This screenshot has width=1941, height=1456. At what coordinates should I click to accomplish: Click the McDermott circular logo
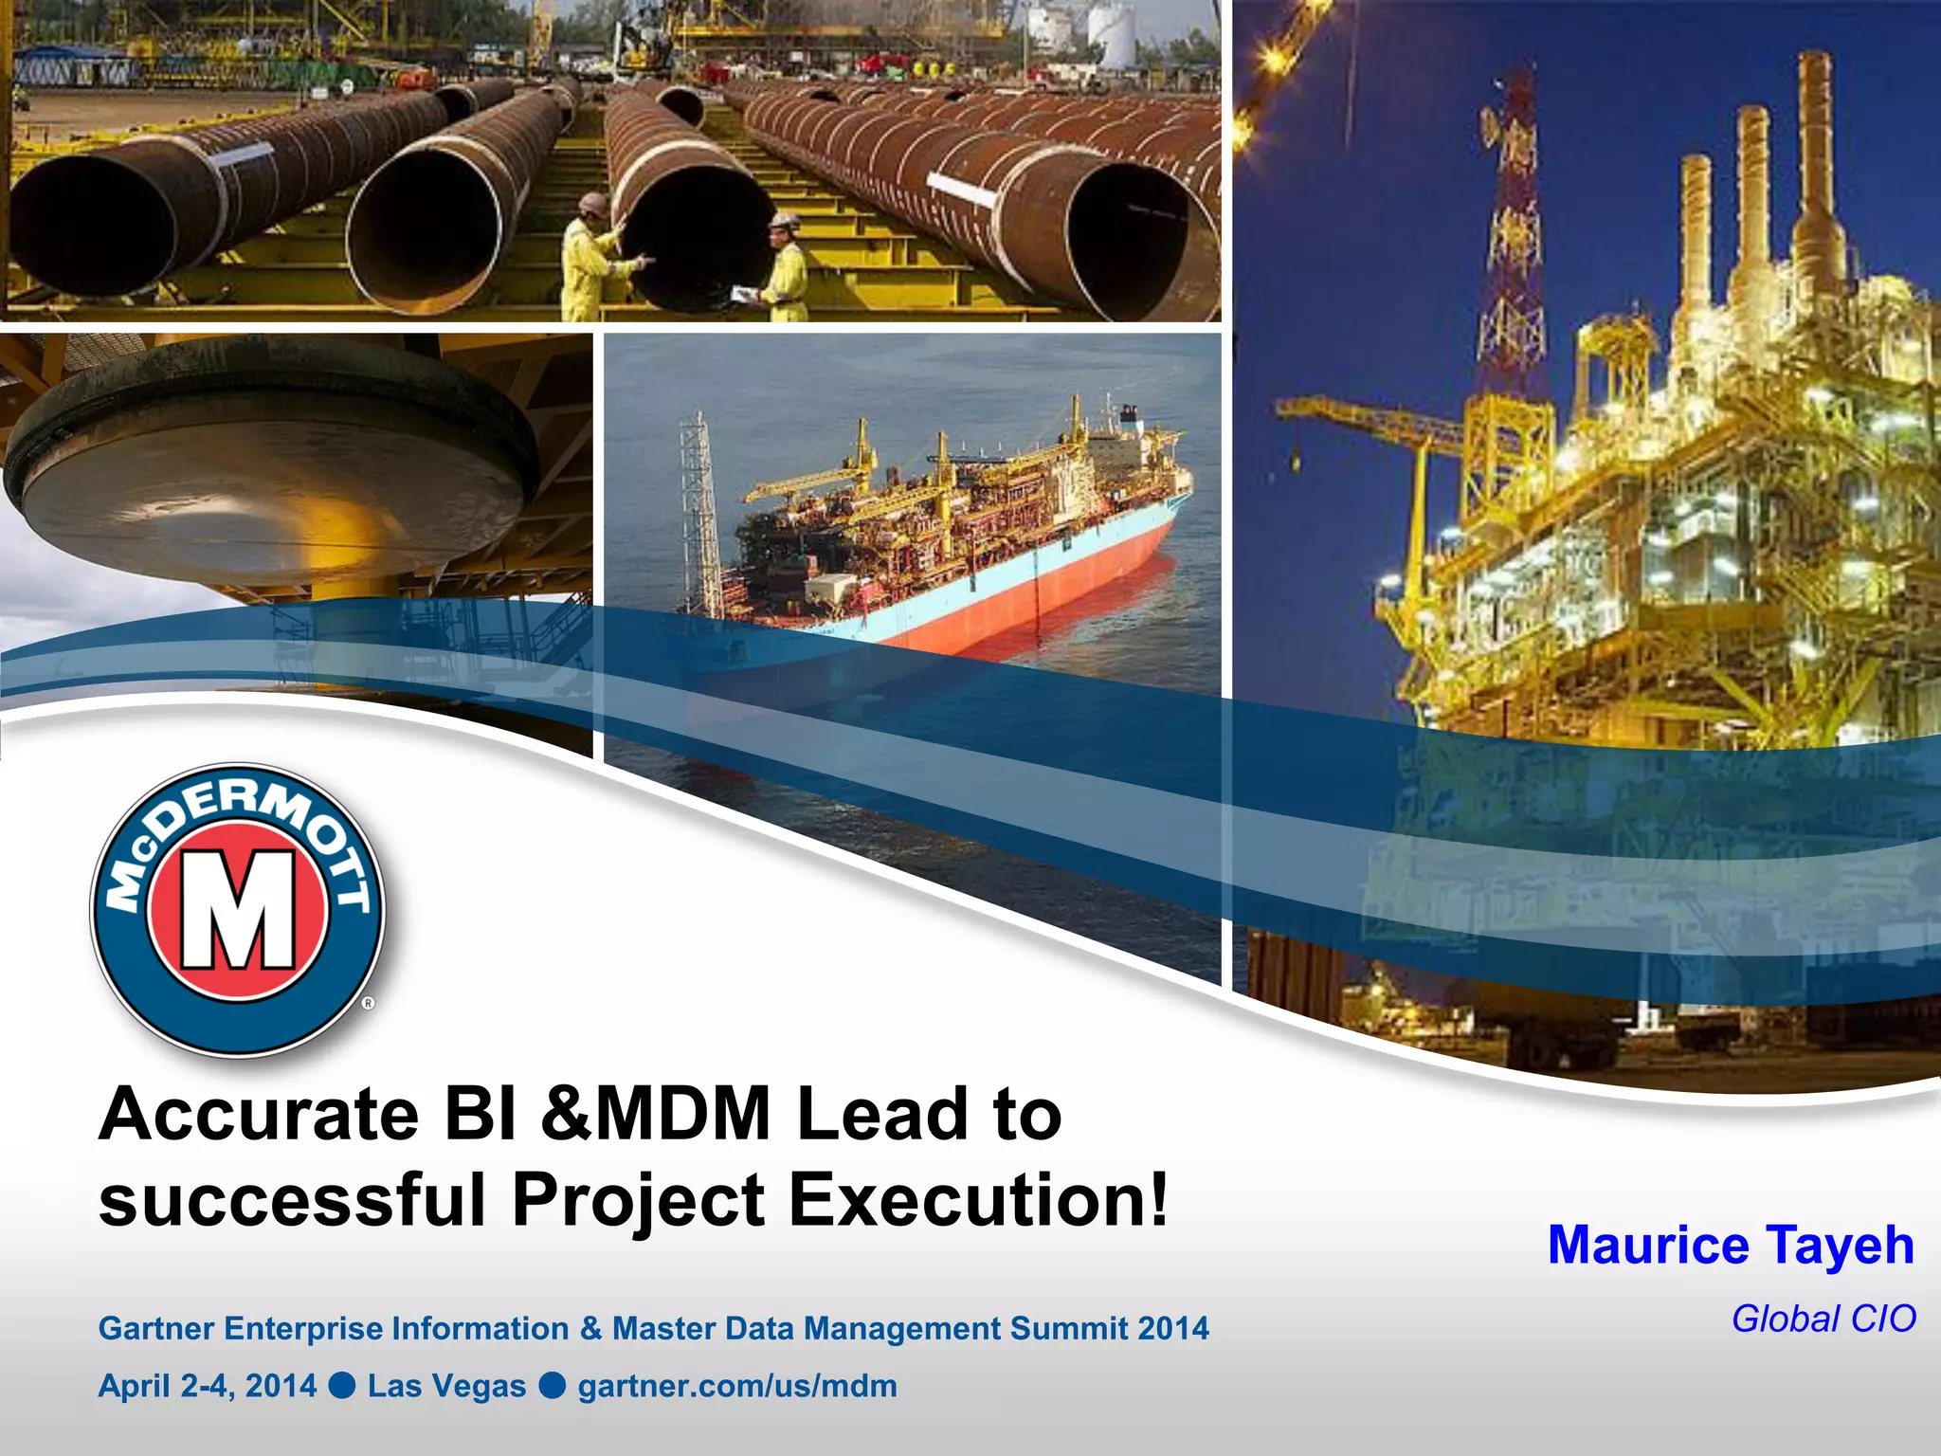238,910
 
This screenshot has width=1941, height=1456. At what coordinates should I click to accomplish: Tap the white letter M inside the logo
238,910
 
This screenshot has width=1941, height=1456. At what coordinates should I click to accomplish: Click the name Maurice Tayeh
1731,1246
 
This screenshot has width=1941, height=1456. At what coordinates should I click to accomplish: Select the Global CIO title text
1823,1319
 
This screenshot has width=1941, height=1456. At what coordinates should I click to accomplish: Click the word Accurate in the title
259,1115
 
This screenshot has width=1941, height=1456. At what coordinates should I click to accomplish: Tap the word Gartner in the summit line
157,1329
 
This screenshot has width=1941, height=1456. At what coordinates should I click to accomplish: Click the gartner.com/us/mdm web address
737,1386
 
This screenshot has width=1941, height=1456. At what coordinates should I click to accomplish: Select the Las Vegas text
446,1386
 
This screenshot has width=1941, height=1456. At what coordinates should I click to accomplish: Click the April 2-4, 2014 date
208,1386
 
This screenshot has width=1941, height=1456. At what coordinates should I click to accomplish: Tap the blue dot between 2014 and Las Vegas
342,1386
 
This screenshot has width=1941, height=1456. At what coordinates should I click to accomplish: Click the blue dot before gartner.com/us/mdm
553,1386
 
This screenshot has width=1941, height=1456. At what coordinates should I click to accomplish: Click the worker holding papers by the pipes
786,270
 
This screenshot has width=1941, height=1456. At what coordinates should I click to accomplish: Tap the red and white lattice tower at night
1514,237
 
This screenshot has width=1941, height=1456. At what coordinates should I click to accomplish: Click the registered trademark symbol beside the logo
369,1003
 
